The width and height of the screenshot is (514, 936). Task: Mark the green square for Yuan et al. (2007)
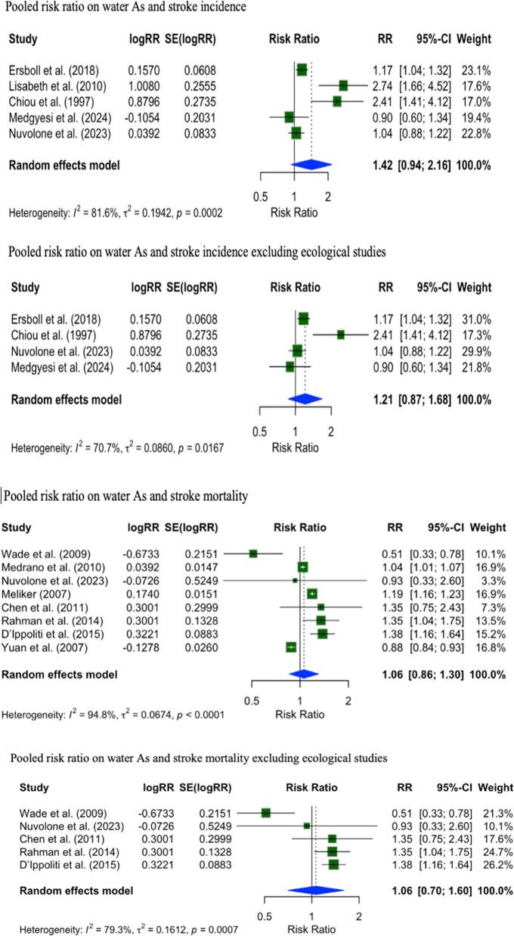[x=291, y=647]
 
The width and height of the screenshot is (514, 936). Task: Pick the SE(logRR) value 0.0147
[x=199, y=565]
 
